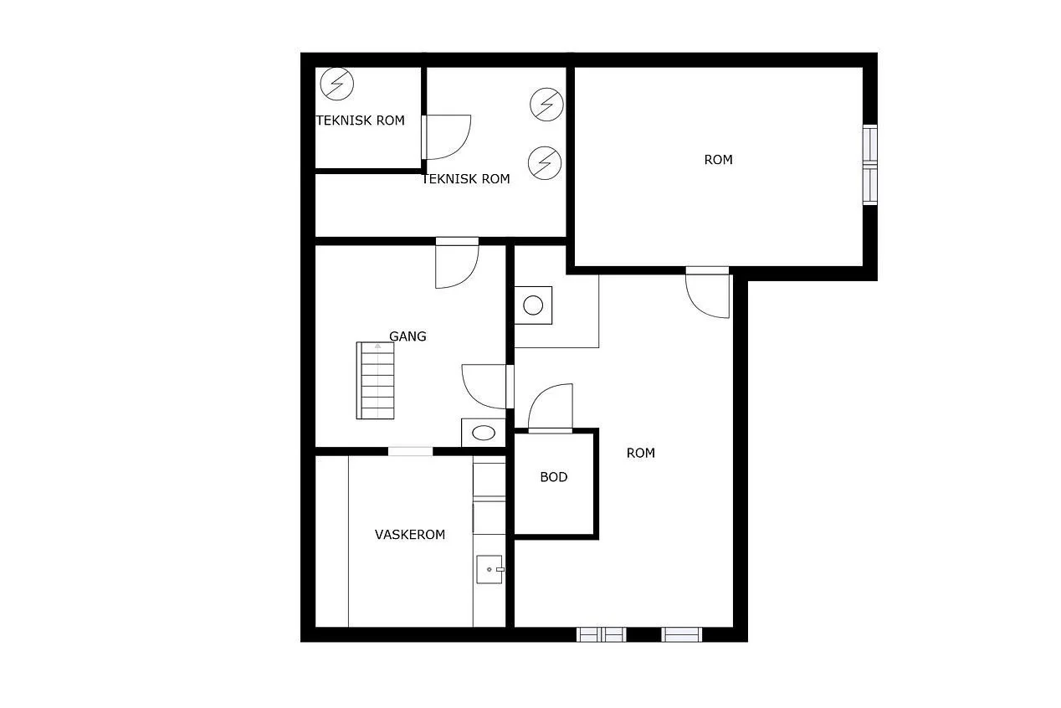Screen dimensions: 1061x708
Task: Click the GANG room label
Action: (x=407, y=336)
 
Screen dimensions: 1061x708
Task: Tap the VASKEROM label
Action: (x=410, y=535)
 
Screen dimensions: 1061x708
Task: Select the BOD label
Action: (x=554, y=477)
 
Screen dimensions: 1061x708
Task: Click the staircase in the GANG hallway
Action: (x=375, y=381)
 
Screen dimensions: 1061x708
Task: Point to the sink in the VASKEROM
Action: (x=489, y=569)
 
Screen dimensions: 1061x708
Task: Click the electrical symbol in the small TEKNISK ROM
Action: (x=336, y=84)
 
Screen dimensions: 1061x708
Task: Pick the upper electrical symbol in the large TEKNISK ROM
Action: (x=546, y=104)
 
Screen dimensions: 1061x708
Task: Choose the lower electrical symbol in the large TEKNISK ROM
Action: (x=545, y=163)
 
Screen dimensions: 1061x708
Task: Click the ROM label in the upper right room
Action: (x=718, y=160)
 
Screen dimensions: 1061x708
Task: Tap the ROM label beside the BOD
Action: (x=640, y=454)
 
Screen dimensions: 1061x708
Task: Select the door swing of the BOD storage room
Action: (x=551, y=408)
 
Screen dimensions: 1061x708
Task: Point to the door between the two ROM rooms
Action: (x=707, y=292)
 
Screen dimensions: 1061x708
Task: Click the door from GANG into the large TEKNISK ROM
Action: (x=457, y=263)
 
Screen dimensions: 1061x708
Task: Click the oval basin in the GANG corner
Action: (x=483, y=433)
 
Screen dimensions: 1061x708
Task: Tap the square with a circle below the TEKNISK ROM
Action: (x=533, y=305)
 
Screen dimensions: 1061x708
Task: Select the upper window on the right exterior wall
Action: (x=869, y=143)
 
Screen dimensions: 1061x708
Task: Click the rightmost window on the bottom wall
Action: (x=681, y=634)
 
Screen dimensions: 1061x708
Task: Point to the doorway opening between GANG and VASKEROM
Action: (x=410, y=451)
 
